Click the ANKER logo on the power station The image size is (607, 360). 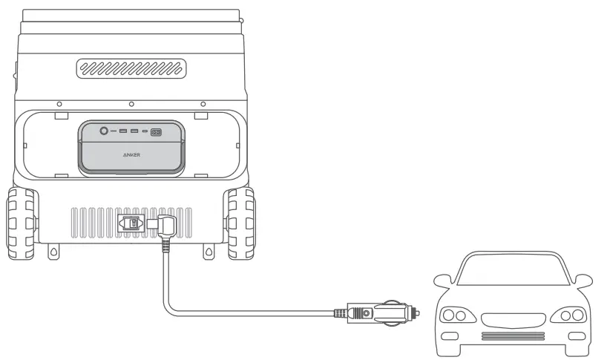[131, 157]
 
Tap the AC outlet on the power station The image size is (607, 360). [157, 132]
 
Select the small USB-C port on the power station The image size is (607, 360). [145, 132]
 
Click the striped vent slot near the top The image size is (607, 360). [131, 69]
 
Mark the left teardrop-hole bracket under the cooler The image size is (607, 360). [53, 252]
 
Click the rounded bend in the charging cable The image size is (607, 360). [170, 304]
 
